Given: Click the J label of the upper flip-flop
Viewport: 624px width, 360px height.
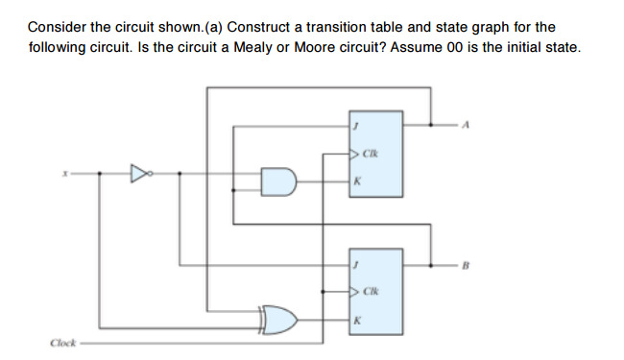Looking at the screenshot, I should pos(355,124).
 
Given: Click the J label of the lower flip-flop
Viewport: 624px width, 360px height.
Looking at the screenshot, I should pos(355,260).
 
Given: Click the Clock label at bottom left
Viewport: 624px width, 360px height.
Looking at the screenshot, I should pos(61,341).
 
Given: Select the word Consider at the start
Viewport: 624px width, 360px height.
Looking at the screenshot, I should pos(56,27).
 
